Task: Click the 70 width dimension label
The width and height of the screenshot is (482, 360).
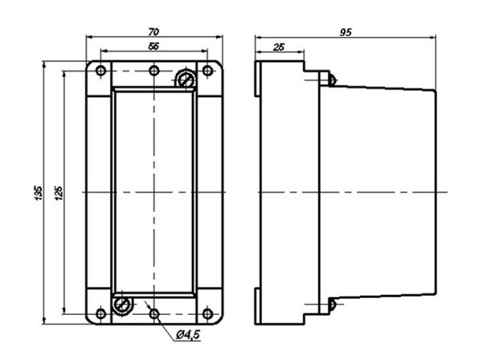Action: pyautogui.click(x=153, y=32)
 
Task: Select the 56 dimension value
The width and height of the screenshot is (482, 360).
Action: pyautogui.click(x=153, y=47)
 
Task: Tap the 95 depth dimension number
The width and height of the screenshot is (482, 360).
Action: pyautogui.click(x=345, y=32)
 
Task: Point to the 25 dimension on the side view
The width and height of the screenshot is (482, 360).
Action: pyautogui.click(x=279, y=47)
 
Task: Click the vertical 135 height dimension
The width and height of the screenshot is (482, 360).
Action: pyautogui.click(x=38, y=193)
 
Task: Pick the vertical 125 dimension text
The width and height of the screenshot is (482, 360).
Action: pyautogui.click(x=59, y=193)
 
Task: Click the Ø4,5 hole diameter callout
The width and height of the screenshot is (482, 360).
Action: pyautogui.click(x=188, y=334)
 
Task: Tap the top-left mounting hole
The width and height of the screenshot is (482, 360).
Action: pyautogui.click(x=101, y=71)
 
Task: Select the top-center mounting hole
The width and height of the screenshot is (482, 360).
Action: pyautogui.click(x=154, y=71)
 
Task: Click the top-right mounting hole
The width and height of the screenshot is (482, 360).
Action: pyautogui.click(x=207, y=71)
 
